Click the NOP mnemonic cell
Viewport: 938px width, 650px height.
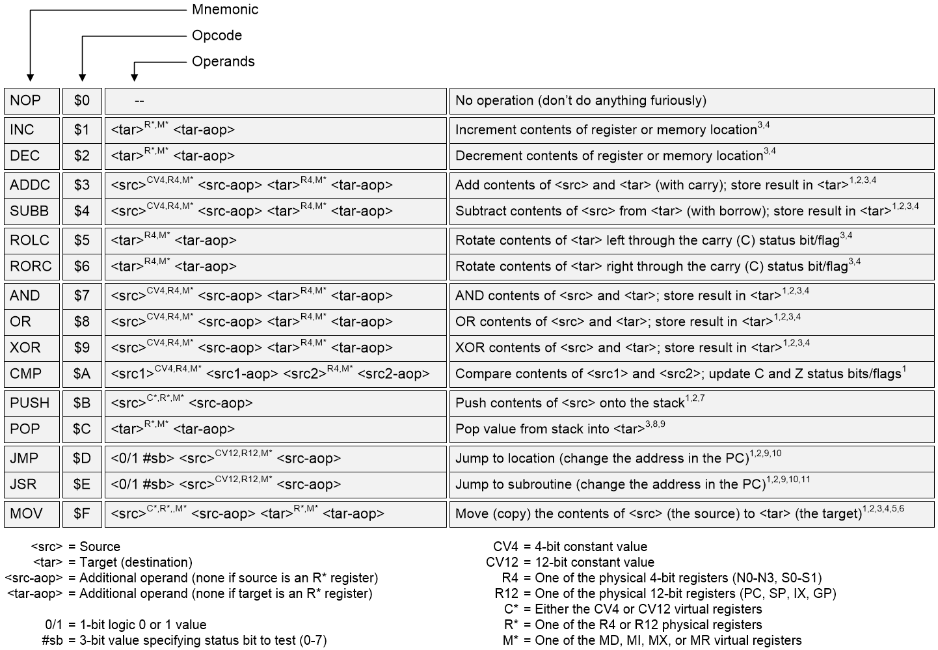pos(31,101)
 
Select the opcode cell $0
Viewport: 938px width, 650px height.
pos(82,101)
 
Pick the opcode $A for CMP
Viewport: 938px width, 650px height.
pos(82,373)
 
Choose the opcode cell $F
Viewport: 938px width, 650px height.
pos(82,513)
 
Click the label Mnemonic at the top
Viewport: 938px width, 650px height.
pos(225,10)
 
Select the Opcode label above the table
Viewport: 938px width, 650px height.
pos(217,36)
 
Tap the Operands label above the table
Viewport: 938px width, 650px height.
pos(223,62)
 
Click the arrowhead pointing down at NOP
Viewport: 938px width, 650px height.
pos(30,77)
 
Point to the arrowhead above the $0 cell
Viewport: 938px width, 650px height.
pos(82,77)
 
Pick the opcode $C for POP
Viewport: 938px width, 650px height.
pos(82,429)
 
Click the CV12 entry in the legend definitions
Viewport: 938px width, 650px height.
pos(505,562)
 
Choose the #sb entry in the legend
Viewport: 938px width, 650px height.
pos(52,640)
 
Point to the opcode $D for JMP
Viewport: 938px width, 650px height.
pos(82,458)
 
